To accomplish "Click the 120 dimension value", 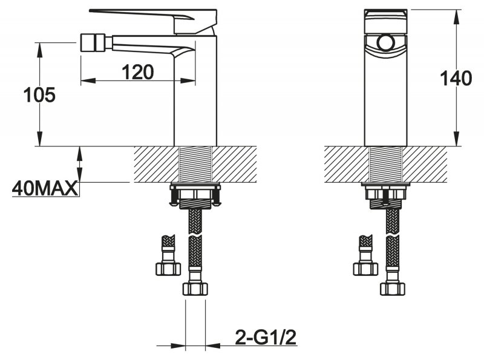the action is click(137, 72).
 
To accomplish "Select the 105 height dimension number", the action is click(39, 95).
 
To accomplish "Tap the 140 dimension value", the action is click(456, 78).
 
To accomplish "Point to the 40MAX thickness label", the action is click(45, 188).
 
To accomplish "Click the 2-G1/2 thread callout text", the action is click(266, 337).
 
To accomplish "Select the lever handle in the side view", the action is click(154, 21).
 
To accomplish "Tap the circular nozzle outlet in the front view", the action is click(385, 43).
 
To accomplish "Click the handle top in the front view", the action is click(385, 22).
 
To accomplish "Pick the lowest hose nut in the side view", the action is click(195, 289).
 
